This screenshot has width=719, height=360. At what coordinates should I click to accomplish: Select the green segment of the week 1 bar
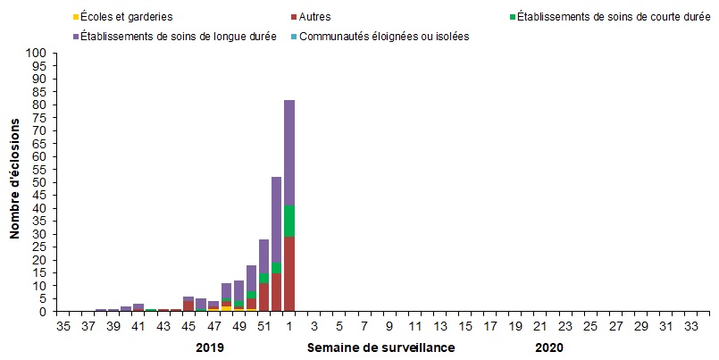point(289,221)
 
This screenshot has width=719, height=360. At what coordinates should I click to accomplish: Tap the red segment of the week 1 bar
point(289,274)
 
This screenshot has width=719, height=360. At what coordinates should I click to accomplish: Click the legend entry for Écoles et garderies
point(126,16)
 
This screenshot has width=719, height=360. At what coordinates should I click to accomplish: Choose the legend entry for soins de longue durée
point(179,36)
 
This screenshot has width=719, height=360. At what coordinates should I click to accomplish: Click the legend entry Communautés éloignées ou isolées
point(384,36)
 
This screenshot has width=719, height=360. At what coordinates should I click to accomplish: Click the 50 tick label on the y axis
point(39,183)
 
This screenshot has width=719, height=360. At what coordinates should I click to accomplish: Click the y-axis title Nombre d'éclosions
point(15,182)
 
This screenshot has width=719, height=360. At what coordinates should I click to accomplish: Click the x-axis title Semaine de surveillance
point(381,347)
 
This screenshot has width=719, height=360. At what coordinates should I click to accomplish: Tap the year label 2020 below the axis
point(549,347)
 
